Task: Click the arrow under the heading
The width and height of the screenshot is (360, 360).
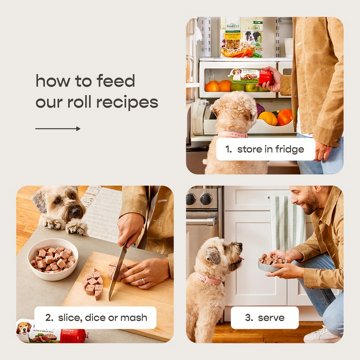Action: (x=57, y=129)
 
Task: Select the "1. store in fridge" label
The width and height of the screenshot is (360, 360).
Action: (x=264, y=148)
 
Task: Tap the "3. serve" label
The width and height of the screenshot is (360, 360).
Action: (x=264, y=317)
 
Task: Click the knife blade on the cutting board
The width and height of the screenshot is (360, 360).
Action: (x=119, y=271)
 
